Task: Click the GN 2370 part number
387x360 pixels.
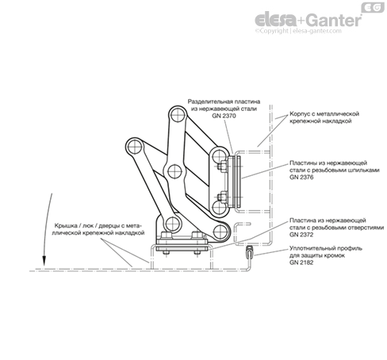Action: pyautogui.click(x=224, y=116)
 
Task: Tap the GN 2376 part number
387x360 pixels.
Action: pyautogui.click(x=301, y=177)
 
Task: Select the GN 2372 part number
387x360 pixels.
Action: pyautogui.click(x=301, y=235)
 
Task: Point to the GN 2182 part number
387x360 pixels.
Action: pyautogui.click(x=301, y=262)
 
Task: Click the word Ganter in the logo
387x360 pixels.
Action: pyautogui.click(x=335, y=21)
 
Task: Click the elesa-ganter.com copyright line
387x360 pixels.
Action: pyautogui.click(x=298, y=31)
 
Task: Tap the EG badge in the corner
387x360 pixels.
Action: pyautogui.click(x=373, y=8)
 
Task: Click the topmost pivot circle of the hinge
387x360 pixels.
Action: pyautogui.click(x=178, y=115)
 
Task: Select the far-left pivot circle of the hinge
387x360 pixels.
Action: pyautogui.click(x=134, y=147)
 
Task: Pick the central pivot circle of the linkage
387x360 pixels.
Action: pyautogui.click(x=174, y=171)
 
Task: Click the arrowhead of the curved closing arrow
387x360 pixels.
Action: pyautogui.click(x=44, y=261)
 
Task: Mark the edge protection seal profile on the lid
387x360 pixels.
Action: pyautogui.click(x=249, y=252)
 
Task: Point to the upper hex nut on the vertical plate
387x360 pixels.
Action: pyautogui.click(x=221, y=167)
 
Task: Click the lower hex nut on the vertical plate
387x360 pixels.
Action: pyautogui.click(x=221, y=197)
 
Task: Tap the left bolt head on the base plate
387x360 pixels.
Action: pyautogui.click(x=166, y=235)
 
